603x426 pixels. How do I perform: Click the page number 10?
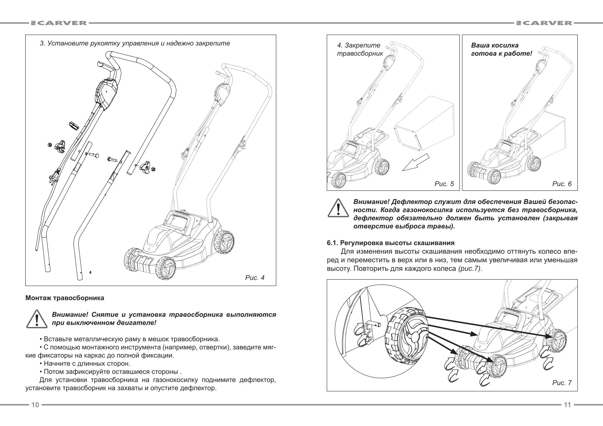[x=35, y=405]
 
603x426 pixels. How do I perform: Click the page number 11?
[x=567, y=405]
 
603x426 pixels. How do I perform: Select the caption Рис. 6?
[x=562, y=184]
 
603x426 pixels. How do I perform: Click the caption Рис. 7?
[x=562, y=383]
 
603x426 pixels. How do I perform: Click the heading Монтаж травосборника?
[x=64, y=298]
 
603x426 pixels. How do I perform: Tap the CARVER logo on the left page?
[x=59, y=23]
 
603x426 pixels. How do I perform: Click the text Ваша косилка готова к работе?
[x=501, y=49]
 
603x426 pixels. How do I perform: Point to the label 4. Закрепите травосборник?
[x=359, y=49]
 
